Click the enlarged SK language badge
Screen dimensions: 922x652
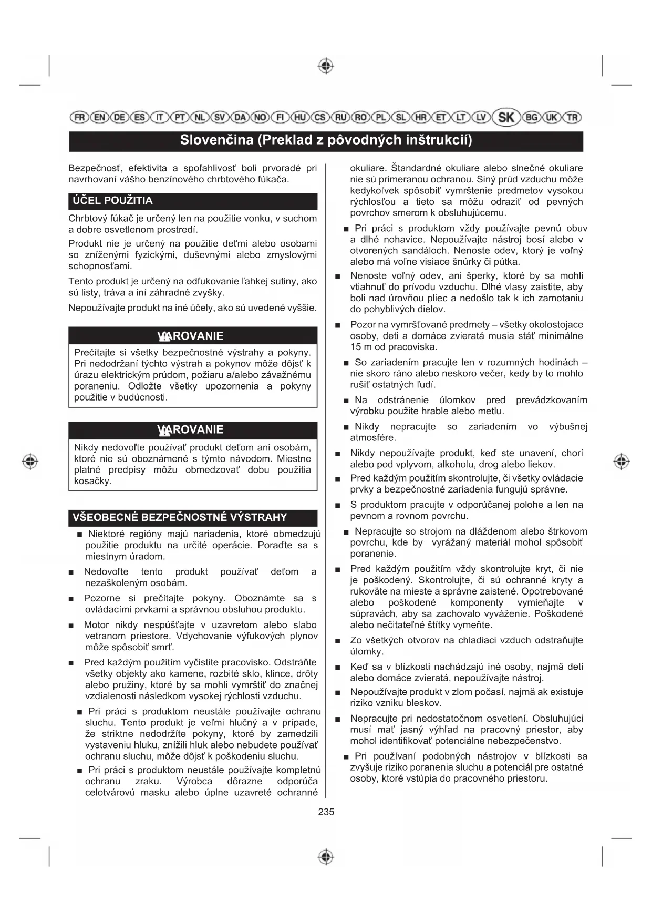506,117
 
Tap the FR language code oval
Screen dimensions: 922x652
79,117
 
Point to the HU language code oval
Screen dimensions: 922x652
300,117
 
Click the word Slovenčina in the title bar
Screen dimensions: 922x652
216,140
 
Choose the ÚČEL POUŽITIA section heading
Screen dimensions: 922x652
113,201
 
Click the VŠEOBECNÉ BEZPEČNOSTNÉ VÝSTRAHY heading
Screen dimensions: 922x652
180,517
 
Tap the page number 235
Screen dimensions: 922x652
326,812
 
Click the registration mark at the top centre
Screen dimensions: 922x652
326,66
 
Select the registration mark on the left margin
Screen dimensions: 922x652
30,462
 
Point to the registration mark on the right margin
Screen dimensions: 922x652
622,462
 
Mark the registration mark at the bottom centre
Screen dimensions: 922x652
326,856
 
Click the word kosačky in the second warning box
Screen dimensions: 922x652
92,482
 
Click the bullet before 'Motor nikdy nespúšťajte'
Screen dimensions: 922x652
71,626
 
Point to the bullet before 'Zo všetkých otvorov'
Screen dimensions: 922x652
338,641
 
